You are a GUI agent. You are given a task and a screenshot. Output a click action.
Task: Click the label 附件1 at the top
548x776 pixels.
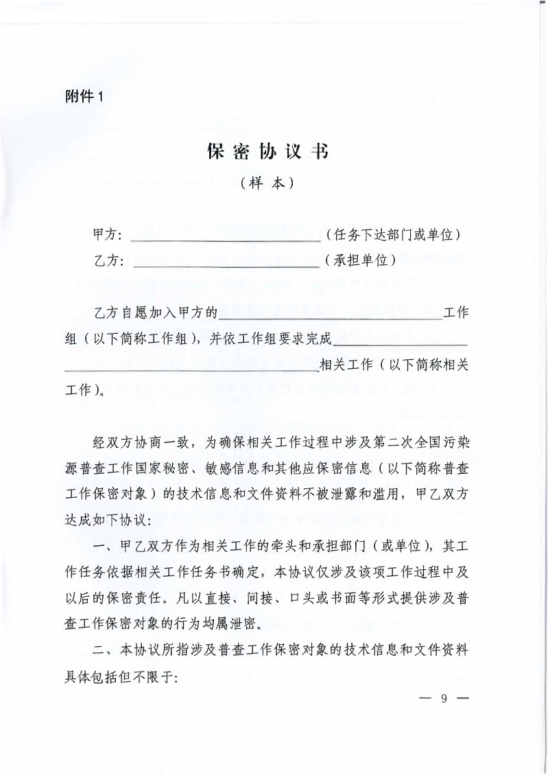(82, 96)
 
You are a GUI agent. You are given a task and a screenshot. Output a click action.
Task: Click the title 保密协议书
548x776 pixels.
(267, 152)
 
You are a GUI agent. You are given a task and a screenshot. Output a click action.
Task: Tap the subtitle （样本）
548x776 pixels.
(267, 184)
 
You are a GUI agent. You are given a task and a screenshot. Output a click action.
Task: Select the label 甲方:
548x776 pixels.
(107, 236)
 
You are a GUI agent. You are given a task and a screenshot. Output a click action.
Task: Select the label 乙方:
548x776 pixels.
(107, 261)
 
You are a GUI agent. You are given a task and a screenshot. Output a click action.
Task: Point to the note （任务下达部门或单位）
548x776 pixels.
(393, 236)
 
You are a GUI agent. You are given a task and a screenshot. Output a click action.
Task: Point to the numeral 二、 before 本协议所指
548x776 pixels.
(104, 649)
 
